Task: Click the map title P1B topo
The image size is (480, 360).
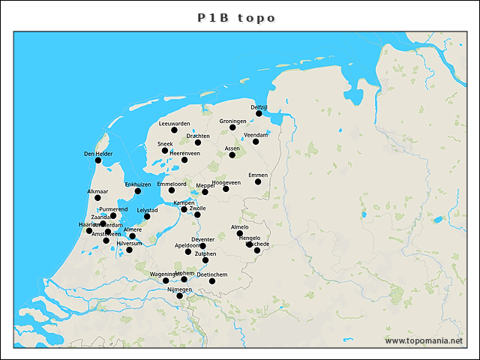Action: click(237, 17)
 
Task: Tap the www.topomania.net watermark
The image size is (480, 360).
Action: click(424, 340)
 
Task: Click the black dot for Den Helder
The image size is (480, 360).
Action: click(98, 160)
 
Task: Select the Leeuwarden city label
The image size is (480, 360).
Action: click(175, 123)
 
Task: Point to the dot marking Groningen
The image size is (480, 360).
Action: click(232, 127)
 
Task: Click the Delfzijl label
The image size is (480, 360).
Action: click(259, 107)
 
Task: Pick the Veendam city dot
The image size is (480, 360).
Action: click(256, 142)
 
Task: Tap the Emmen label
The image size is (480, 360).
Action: click(258, 175)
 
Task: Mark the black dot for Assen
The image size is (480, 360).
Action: click(232, 155)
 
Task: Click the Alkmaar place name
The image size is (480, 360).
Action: click(98, 192)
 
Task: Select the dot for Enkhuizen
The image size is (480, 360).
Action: click(138, 191)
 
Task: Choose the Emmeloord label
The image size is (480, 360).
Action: click(172, 184)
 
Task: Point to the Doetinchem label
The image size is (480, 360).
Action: click(212, 274)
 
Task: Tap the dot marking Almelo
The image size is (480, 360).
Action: click(240, 233)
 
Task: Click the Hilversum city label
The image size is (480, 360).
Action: click(130, 243)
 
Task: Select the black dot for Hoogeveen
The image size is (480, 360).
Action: click(226, 189)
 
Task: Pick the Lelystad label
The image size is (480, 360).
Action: click(147, 210)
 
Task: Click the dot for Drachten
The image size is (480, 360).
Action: click(198, 142)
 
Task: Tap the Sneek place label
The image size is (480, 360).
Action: click(165, 143)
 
